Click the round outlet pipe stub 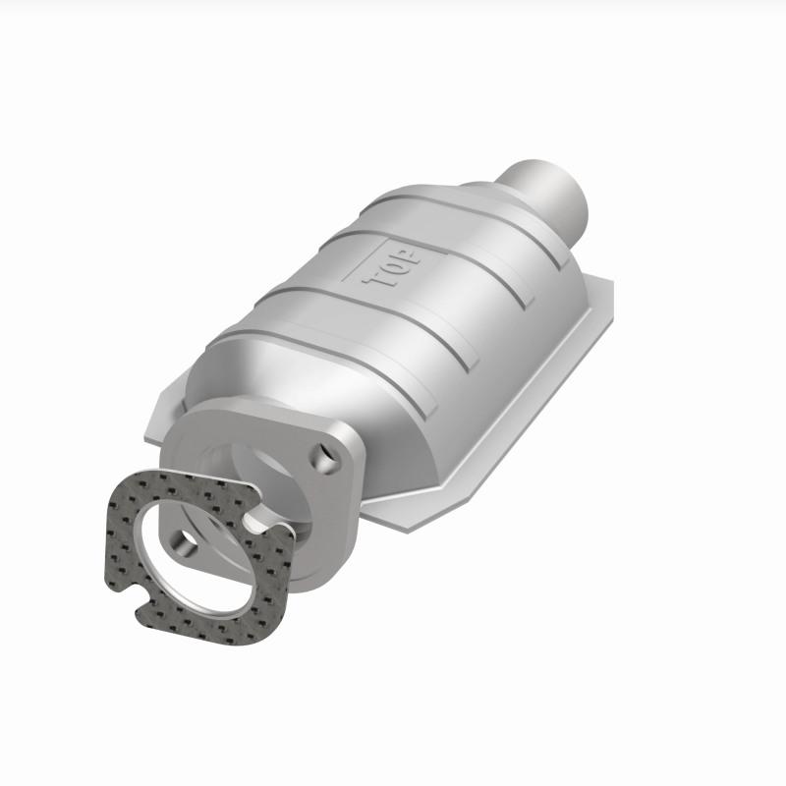coord(550,192)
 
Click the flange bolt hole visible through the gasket coord(184,538)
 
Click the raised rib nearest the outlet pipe coord(462,201)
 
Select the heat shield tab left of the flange coord(162,418)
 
